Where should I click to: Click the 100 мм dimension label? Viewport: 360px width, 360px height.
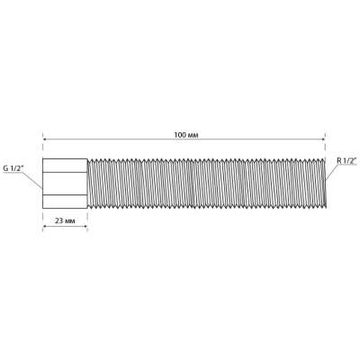[186, 135]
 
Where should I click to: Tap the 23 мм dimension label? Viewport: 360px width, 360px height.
[65, 221]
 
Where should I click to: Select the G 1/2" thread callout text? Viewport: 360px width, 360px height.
[13, 168]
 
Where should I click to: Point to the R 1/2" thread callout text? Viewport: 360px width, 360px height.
[346, 160]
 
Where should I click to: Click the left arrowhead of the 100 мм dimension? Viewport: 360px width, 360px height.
[44, 139]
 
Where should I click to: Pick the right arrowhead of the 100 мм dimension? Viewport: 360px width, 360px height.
[324, 139]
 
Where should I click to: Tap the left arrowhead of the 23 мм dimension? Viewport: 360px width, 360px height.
[44, 227]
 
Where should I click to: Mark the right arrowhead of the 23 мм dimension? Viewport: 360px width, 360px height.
[85, 227]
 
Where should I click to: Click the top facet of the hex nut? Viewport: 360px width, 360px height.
[65, 166]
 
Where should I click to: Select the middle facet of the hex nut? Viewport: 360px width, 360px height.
[65, 184]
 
